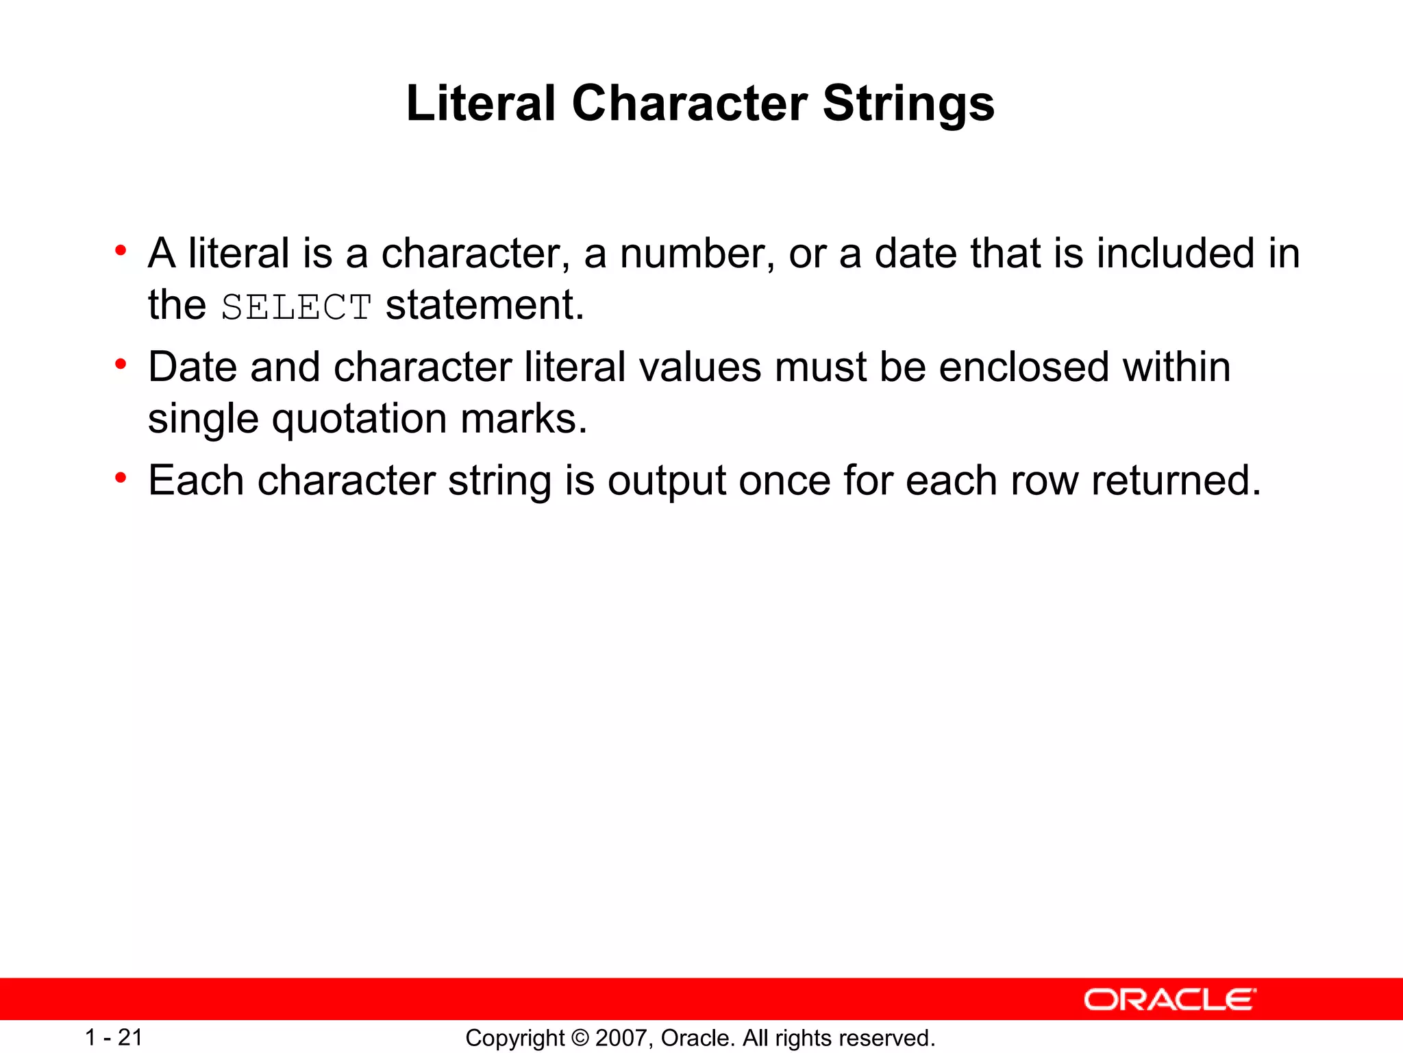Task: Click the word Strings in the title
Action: tap(908, 105)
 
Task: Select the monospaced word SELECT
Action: tap(296, 307)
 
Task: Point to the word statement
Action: tap(484, 306)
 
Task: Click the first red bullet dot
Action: tap(121, 250)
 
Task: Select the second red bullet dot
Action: tap(121, 364)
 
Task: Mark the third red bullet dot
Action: tap(121, 477)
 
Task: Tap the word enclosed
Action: tap(1023, 367)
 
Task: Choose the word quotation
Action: tap(360, 420)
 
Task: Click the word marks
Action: tap(524, 419)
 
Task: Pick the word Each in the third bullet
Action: tap(196, 481)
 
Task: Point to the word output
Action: tap(667, 482)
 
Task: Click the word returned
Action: tap(1176, 481)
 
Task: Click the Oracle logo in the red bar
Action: tap(1170, 1000)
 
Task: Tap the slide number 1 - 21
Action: tap(114, 1038)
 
